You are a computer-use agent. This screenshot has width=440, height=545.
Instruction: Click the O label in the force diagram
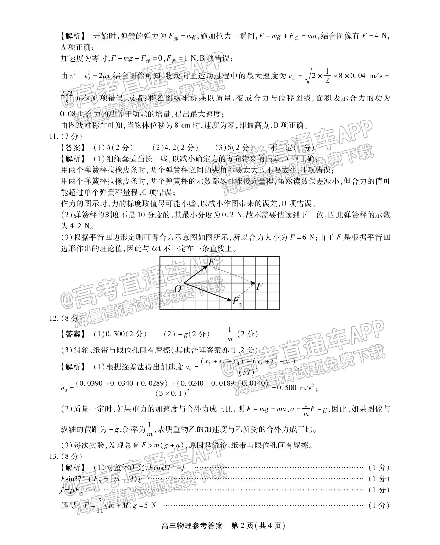point(178,289)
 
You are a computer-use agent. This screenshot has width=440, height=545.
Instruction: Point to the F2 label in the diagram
point(237,302)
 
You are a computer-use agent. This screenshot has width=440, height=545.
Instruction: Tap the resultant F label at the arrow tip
point(260,286)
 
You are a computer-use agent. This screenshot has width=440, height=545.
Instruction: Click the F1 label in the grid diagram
point(213,262)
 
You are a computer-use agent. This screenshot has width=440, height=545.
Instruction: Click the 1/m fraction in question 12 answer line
point(230,334)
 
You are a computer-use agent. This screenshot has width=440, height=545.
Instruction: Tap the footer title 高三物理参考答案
point(191,535)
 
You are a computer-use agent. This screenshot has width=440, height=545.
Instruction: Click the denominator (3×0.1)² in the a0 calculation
point(174,393)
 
